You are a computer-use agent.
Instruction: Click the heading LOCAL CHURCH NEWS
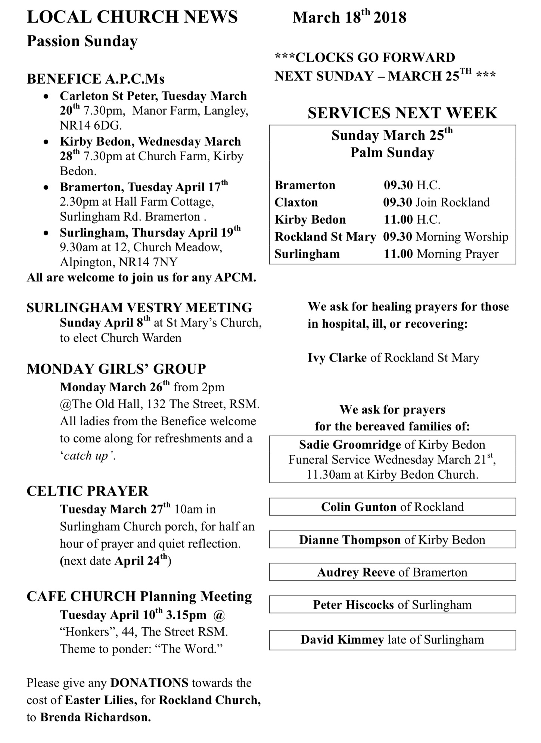(x=132, y=17)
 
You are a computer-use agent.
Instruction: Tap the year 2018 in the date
(x=390, y=18)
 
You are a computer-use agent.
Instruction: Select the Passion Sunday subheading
(x=82, y=41)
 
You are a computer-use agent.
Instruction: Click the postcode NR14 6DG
(x=91, y=125)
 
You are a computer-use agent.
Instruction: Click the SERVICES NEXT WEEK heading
(x=402, y=113)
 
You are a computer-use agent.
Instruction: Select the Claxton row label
(x=296, y=202)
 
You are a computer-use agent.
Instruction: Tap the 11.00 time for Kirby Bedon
(x=398, y=220)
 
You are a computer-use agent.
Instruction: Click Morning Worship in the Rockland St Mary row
(x=462, y=237)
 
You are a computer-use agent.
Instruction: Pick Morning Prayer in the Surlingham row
(x=457, y=254)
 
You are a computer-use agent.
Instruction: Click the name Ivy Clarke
(x=337, y=358)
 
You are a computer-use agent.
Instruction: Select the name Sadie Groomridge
(x=350, y=444)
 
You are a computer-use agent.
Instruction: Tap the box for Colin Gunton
(x=392, y=507)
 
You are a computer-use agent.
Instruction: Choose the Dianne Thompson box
(x=392, y=540)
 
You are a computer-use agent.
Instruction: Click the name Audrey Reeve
(x=356, y=572)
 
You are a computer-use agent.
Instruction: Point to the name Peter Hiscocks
(x=353, y=604)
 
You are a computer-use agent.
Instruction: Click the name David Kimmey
(x=342, y=640)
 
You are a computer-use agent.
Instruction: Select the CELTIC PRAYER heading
(x=87, y=491)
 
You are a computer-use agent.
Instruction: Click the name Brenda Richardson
(x=95, y=717)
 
